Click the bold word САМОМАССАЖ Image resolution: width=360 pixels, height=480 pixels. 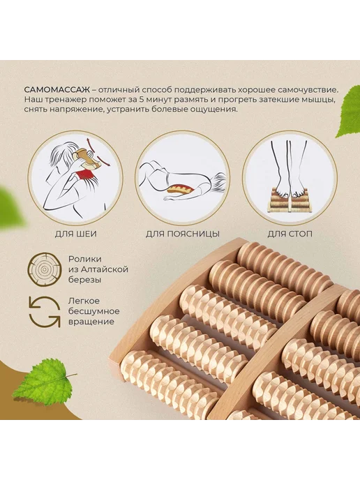tap(57, 90)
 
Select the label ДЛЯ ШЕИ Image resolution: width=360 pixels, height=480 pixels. tap(76, 234)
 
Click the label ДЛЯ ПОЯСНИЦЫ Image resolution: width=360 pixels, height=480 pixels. tap(183, 234)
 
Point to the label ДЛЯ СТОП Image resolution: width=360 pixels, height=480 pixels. tap(290, 234)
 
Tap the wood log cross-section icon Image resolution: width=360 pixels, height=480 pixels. tap(45, 269)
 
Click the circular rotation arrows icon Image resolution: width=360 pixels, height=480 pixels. tap(45, 312)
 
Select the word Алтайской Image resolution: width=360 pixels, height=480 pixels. tap(105, 270)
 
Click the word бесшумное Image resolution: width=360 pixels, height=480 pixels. tap(94, 311)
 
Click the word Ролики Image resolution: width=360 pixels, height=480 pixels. tap(85, 259)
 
